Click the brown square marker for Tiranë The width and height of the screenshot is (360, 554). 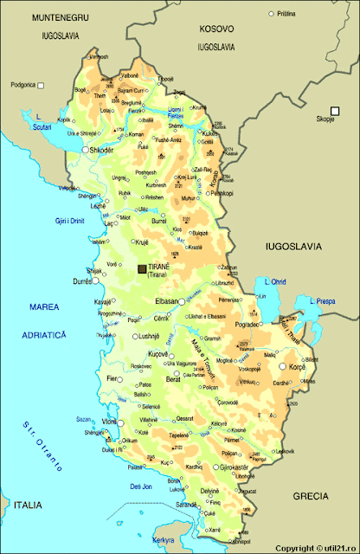[143, 269]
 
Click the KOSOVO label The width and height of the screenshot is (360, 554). [216, 28]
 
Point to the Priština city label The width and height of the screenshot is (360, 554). [286, 14]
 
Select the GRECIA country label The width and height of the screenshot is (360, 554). [310, 496]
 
